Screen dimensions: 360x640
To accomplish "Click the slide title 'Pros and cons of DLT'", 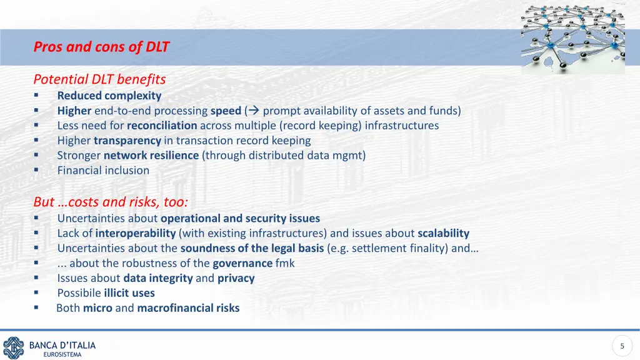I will pyautogui.click(x=101, y=47).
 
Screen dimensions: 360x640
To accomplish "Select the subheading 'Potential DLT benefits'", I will pyautogui.click(x=99, y=79).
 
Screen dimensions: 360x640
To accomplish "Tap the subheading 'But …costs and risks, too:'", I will pyautogui.click(x=111, y=202).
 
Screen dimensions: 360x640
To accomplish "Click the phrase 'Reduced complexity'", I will pyautogui.click(x=109, y=96).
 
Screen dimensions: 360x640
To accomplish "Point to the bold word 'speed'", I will pyautogui.click(x=226, y=111).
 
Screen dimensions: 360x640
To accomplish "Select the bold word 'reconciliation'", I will pyautogui.click(x=162, y=126).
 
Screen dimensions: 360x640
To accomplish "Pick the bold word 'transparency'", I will pyautogui.click(x=127, y=141).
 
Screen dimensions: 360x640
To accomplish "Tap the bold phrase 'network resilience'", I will pyautogui.click(x=151, y=156).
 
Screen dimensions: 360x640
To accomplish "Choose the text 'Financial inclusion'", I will pyautogui.click(x=103, y=170).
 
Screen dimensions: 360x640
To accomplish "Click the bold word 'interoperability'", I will pyautogui.click(x=136, y=233).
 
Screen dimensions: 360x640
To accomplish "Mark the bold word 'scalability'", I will pyautogui.click(x=443, y=233).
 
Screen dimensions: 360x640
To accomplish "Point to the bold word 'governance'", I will pyautogui.click(x=242, y=263).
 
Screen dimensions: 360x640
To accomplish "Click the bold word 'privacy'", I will pyautogui.click(x=236, y=278).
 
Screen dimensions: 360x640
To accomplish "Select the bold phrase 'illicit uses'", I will pyautogui.click(x=129, y=293).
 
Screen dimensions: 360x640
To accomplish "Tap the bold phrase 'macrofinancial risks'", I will pyautogui.click(x=188, y=308).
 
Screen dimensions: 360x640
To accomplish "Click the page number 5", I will pyautogui.click(x=622, y=346).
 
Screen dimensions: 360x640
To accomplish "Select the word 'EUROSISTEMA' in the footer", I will pyautogui.click(x=62, y=355).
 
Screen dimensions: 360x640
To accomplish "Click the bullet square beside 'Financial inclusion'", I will pyautogui.click(x=36, y=171).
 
